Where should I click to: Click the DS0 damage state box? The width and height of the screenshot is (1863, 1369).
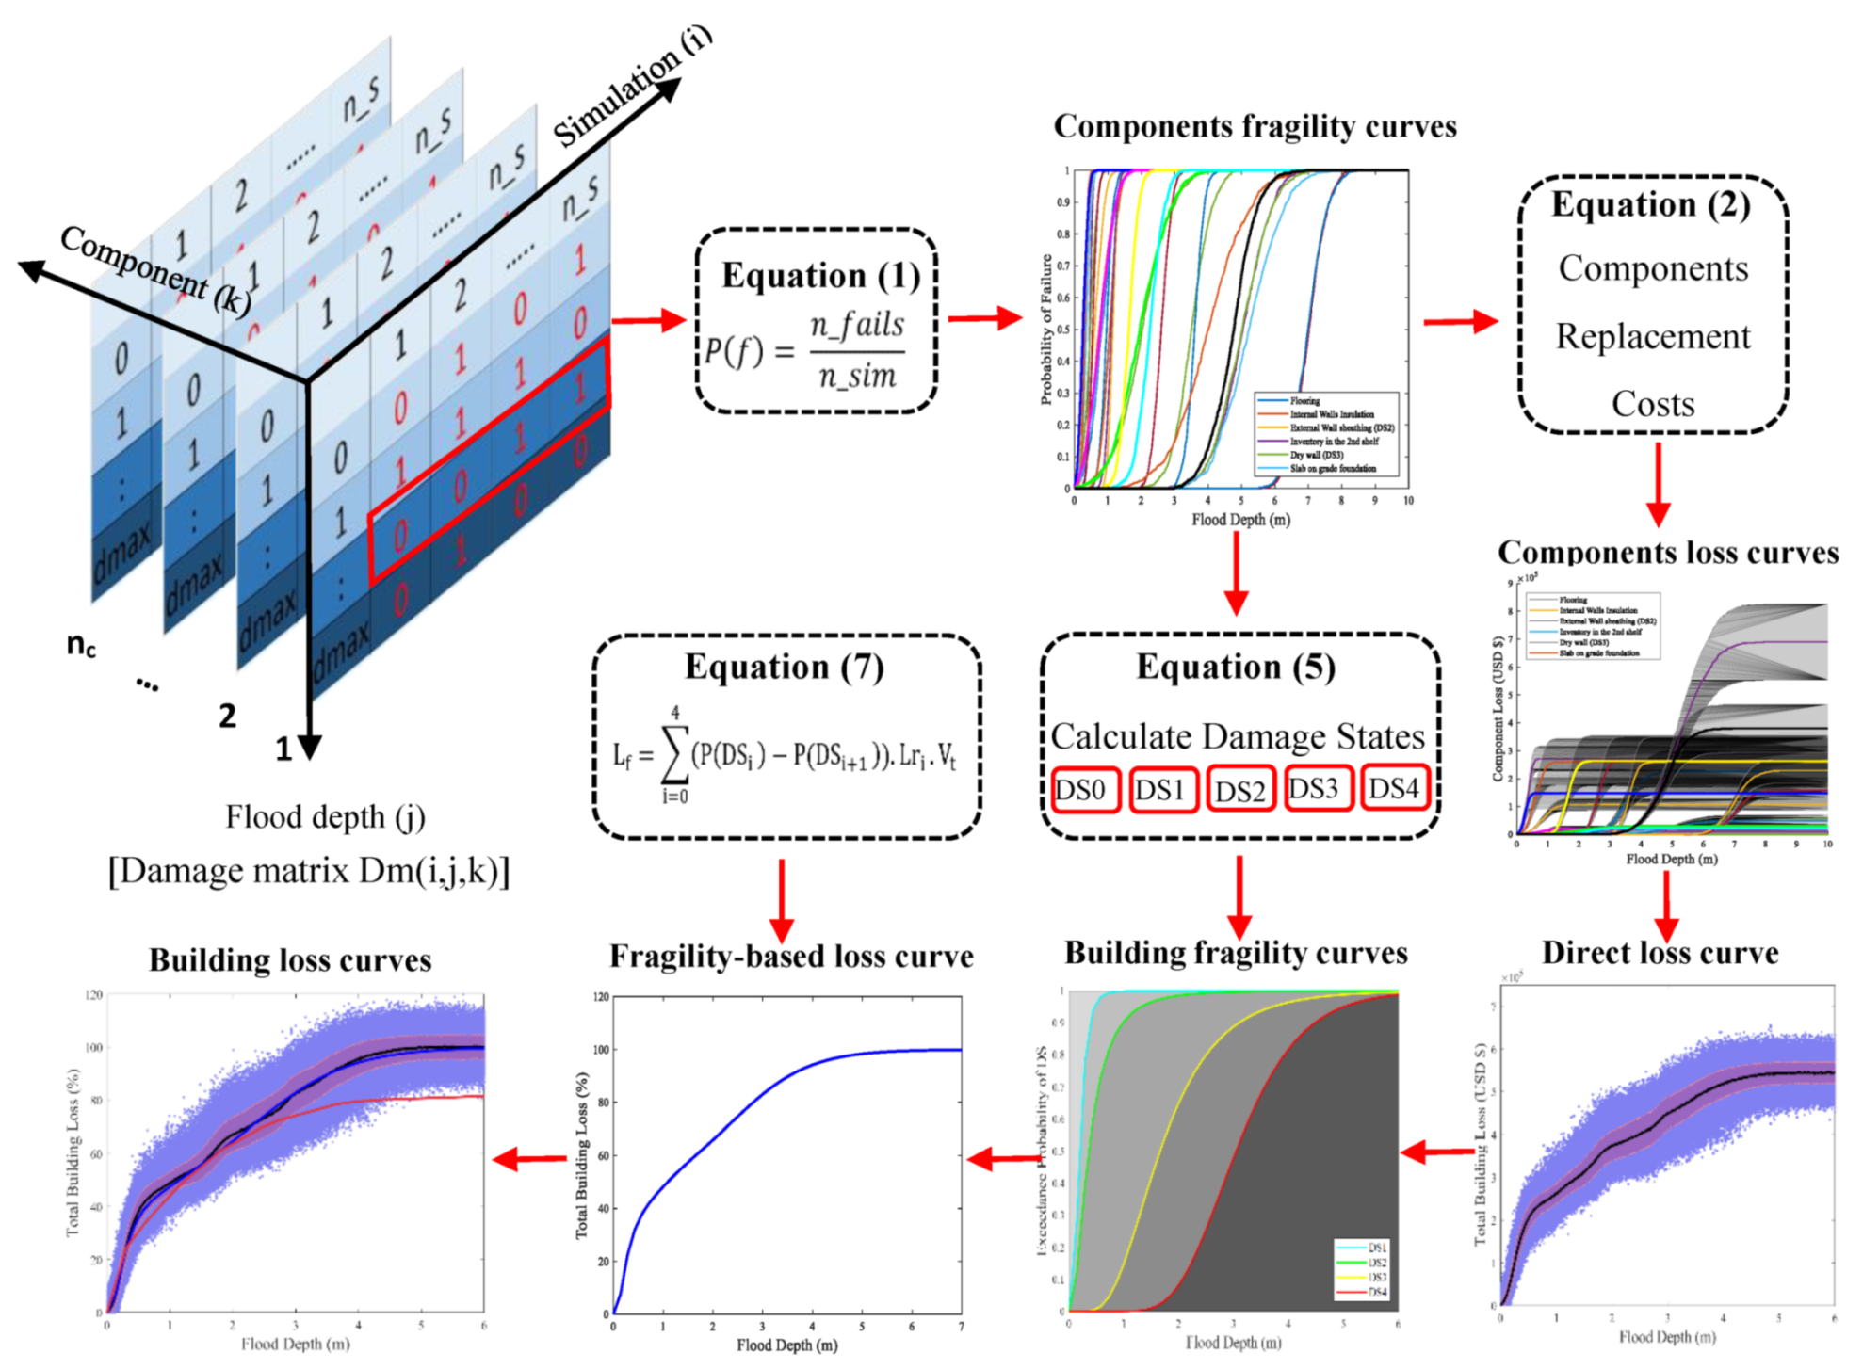pyautogui.click(x=1084, y=790)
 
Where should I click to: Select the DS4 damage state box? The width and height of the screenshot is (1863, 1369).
pyautogui.click(x=1393, y=789)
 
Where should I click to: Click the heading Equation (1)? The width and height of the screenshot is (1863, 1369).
pyautogui.click(x=820, y=275)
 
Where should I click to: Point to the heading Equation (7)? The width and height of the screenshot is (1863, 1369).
pyautogui.click(x=784, y=667)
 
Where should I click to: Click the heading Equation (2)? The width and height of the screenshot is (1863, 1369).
pyautogui.click(x=1650, y=204)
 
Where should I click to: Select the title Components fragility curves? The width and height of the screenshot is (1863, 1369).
pyautogui.click(x=1255, y=126)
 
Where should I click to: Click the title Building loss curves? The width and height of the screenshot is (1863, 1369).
pyautogui.click(x=290, y=959)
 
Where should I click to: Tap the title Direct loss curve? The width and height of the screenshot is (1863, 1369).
pyautogui.click(x=1660, y=953)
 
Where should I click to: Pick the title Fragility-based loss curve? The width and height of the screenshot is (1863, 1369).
pyautogui.click(x=791, y=956)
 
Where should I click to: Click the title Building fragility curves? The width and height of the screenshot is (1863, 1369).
pyautogui.click(x=1236, y=953)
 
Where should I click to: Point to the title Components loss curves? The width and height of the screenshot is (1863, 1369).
pyautogui.click(x=1667, y=552)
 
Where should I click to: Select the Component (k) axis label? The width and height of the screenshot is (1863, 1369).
pyautogui.click(x=155, y=270)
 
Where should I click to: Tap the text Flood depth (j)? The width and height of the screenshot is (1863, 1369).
pyautogui.click(x=325, y=816)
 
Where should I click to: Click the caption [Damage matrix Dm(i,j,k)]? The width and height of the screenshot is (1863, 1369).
pyautogui.click(x=308, y=871)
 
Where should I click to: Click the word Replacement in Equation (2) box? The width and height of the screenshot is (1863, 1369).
pyautogui.click(x=1652, y=336)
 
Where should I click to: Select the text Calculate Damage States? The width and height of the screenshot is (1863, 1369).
pyautogui.click(x=1237, y=736)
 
